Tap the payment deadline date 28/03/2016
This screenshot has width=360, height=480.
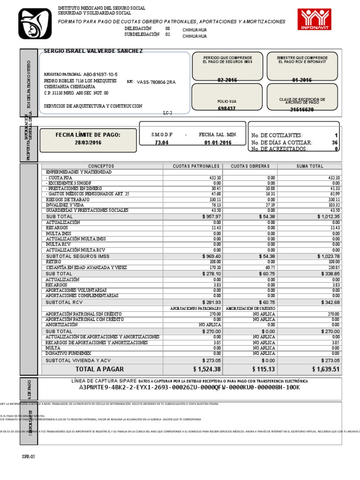[x=88, y=143]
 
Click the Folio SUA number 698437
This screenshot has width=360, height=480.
[x=226, y=109]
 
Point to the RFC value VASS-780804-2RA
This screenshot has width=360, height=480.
[x=156, y=82]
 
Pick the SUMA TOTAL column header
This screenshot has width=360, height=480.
[x=310, y=166]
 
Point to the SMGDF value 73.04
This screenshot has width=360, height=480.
[x=161, y=143]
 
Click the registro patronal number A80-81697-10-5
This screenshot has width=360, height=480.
[x=100, y=75]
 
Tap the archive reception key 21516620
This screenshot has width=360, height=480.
[x=302, y=110]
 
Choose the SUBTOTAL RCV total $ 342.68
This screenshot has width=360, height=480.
[x=330, y=302]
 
